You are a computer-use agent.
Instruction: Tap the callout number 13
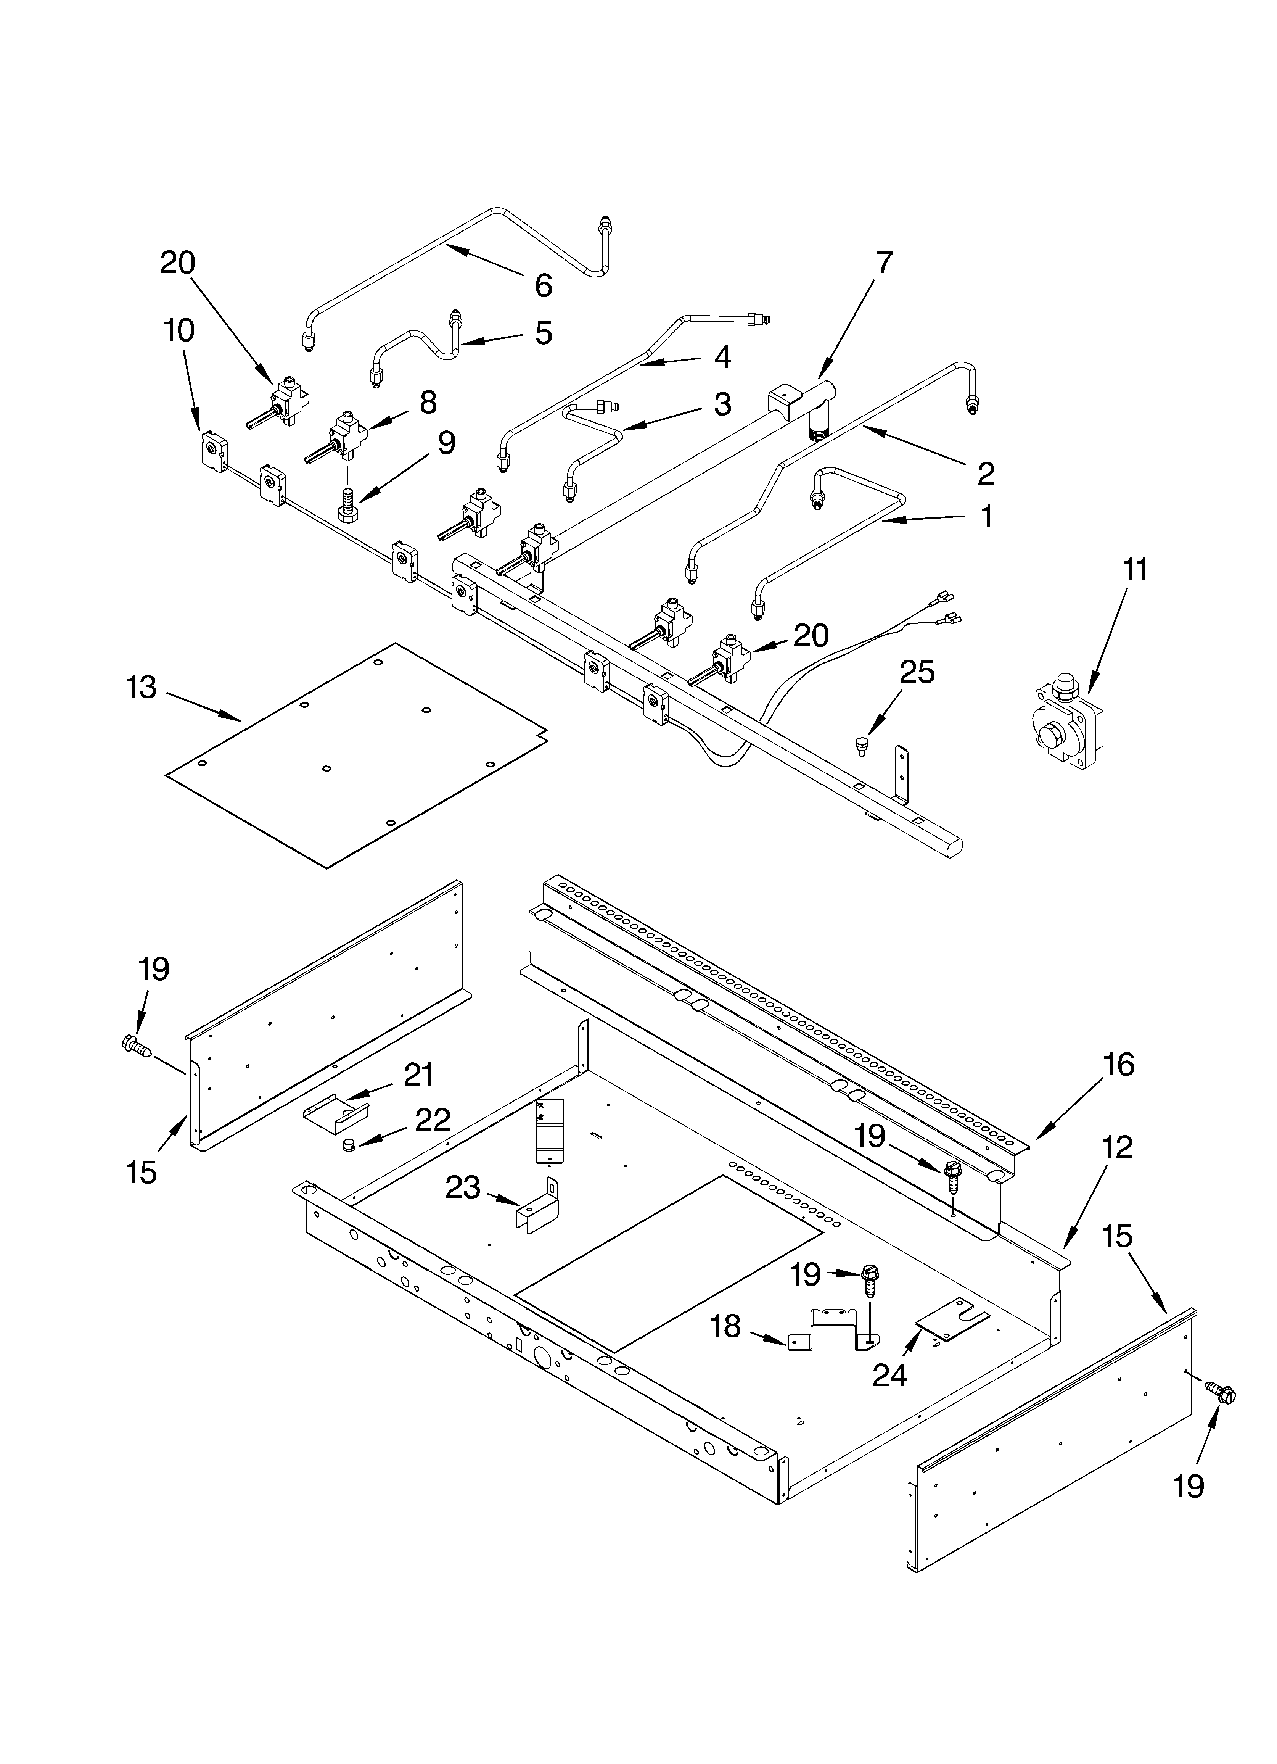tap(142, 688)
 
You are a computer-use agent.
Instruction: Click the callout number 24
tap(889, 1376)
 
